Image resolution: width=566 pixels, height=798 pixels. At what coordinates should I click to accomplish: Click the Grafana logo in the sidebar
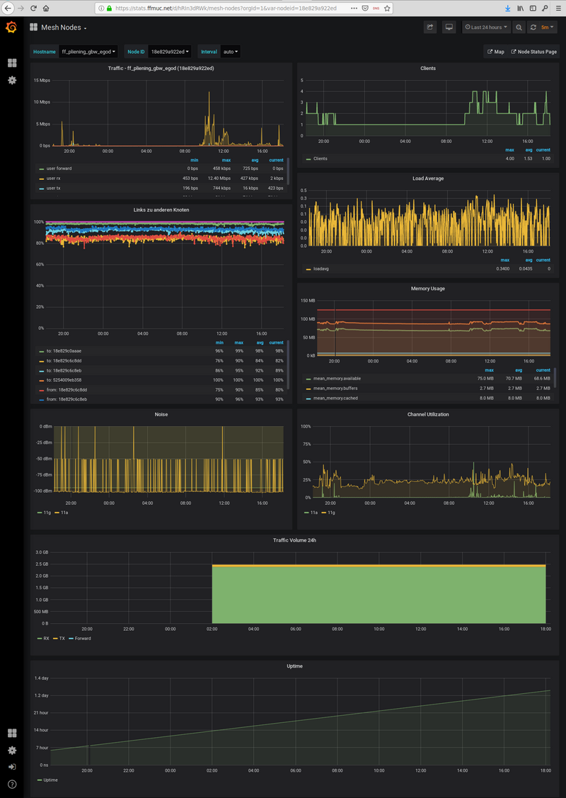[x=11, y=28]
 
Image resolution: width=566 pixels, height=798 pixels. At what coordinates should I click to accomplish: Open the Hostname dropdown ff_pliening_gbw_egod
[x=88, y=52]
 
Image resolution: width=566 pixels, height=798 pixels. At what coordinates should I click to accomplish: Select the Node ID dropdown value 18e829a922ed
[x=170, y=52]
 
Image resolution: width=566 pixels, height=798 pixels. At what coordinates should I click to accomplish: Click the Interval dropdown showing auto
[x=230, y=52]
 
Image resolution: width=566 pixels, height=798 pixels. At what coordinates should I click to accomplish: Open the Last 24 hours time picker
[x=485, y=28]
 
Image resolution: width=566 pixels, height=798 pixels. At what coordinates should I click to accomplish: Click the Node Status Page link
[x=533, y=52]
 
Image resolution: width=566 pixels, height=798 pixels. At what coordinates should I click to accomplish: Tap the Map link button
[x=495, y=52]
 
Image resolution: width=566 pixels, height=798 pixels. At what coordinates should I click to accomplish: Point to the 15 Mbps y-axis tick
[x=42, y=80]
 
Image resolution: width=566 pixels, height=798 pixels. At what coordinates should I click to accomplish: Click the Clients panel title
[x=427, y=69]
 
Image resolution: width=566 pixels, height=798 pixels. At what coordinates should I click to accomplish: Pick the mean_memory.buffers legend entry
[x=337, y=388]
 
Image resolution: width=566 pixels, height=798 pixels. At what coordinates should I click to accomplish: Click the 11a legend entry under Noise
[x=64, y=512]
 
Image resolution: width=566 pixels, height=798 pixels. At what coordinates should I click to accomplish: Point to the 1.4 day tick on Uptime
[x=41, y=678]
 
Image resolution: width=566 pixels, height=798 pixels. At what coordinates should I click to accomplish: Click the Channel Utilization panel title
[x=427, y=414]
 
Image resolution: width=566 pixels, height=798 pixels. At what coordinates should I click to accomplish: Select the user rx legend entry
[x=54, y=178]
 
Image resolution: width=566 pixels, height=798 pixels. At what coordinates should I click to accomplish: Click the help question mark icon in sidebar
[x=11, y=784]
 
